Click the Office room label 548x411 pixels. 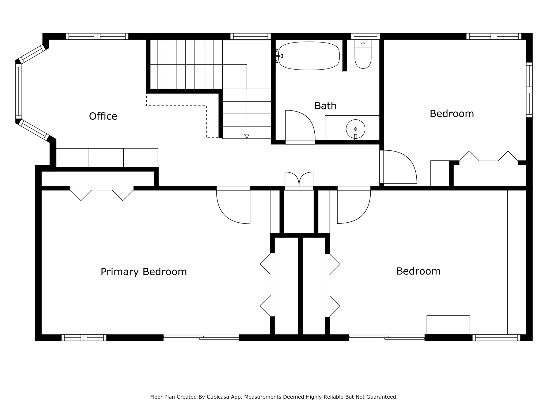(103, 116)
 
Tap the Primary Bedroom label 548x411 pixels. (143, 272)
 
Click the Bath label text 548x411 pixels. (325, 106)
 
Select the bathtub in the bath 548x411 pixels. (309, 56)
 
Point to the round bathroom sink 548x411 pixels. (355, 129)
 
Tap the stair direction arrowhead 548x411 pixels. (247, 136)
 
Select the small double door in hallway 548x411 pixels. (299, 179)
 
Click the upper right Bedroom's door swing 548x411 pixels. (399, 167)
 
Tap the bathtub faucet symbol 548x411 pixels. (280, 56)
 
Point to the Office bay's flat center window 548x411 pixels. (18, 91)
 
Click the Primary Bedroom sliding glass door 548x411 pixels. (201, 338)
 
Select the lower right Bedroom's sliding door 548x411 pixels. (387, 338)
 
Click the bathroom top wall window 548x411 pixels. (365, 36)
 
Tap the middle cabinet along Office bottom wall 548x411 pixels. (106, 158)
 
